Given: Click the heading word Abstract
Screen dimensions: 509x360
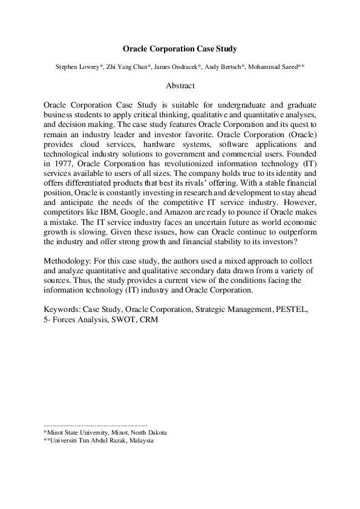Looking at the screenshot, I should coord(180,86).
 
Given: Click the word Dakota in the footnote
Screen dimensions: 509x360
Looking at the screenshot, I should coord(155,433).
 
